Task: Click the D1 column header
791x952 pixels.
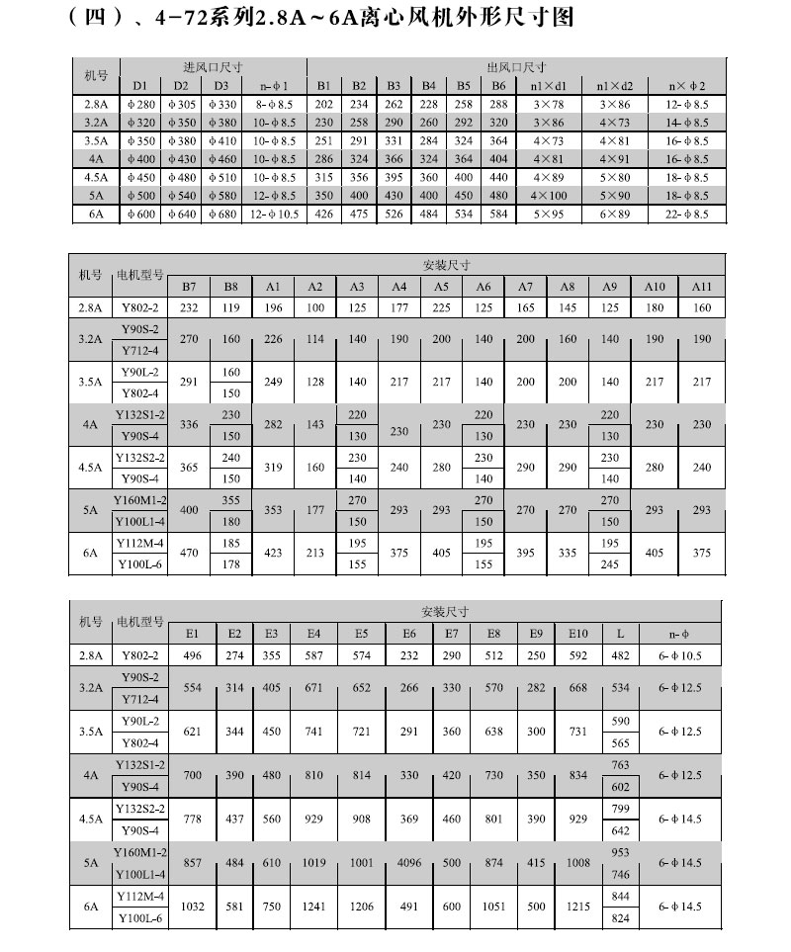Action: tap(140, 85)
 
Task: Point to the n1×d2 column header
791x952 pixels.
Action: tap(614, 85)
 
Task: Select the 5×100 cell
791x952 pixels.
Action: tap(549, 196)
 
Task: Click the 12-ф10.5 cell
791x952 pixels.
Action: tap(274, 214)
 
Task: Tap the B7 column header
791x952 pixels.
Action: tap(190, 286)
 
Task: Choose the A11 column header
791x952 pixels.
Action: tap(701, 286)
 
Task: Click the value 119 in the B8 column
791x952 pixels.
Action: tap(230, 308)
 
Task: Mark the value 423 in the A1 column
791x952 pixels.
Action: tap(273, 555)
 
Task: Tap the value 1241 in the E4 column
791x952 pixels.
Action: tap(314, 905)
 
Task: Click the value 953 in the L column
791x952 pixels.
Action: tap(620, 851)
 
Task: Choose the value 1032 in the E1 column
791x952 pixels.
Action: tap(192, 905)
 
